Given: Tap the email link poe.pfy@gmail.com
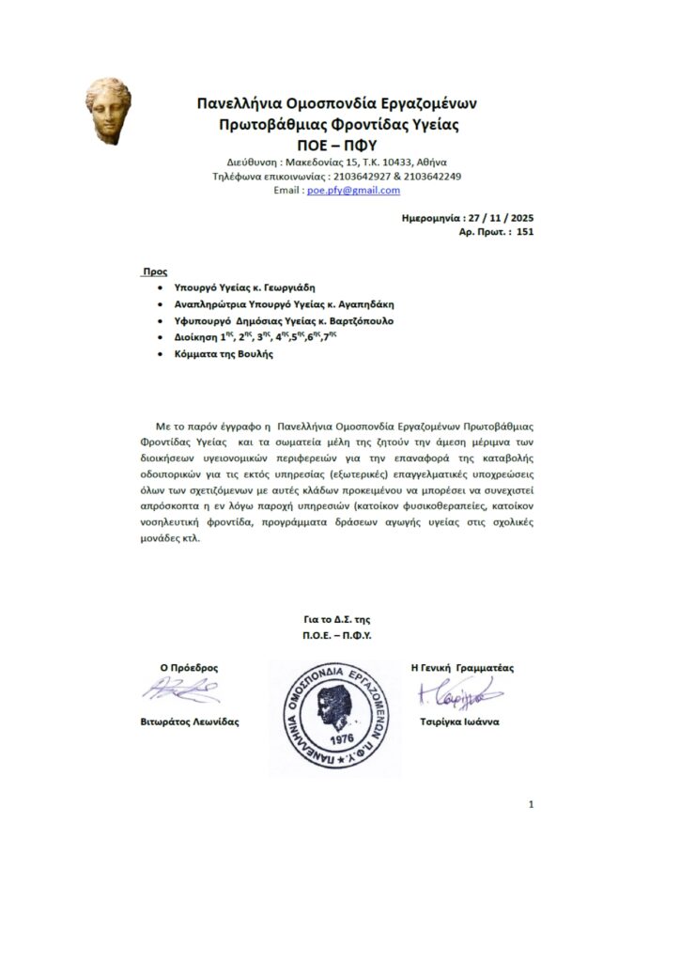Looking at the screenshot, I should point(354,190).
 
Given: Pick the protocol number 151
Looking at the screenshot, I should point(525,230).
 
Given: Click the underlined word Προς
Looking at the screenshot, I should point(153,271).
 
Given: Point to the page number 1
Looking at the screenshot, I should point(532,804).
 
